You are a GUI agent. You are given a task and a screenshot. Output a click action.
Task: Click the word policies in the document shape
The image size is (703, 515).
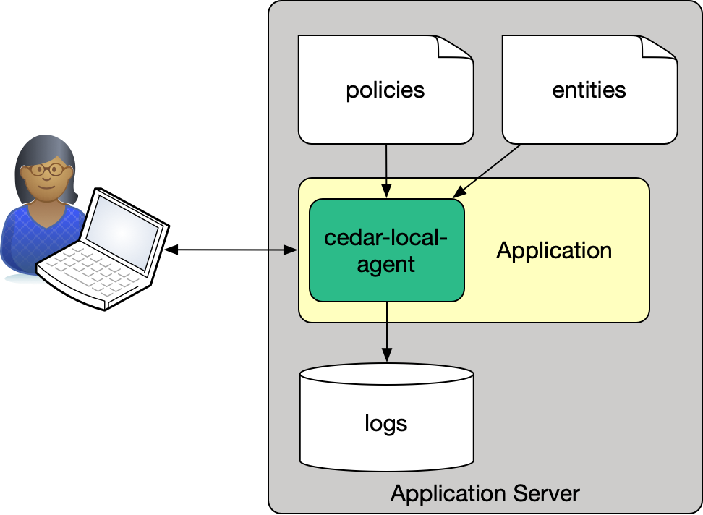pos(385,90)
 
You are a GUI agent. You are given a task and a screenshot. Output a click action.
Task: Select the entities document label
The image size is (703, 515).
pos(589,90)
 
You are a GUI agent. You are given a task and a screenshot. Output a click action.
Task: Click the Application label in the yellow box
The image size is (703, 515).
pos(554,251)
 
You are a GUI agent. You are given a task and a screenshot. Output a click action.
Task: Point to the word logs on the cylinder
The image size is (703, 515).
pos(385,422)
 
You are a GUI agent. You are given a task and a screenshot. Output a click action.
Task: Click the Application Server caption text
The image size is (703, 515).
pos(485,494)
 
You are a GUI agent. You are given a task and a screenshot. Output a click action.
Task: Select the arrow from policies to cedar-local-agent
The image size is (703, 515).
pos(386,171)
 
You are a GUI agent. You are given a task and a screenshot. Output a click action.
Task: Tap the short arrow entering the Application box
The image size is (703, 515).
pos(283,250)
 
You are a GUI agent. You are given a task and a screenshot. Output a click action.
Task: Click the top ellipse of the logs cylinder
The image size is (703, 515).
pos(386,376)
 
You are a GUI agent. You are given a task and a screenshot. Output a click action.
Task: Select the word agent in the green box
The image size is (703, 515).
pos(385,265)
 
